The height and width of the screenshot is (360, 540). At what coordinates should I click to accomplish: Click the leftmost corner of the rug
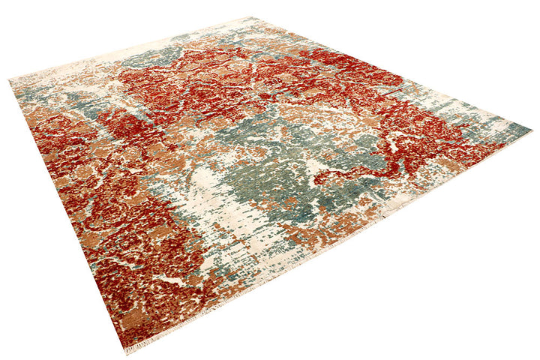tap(10, 79)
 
